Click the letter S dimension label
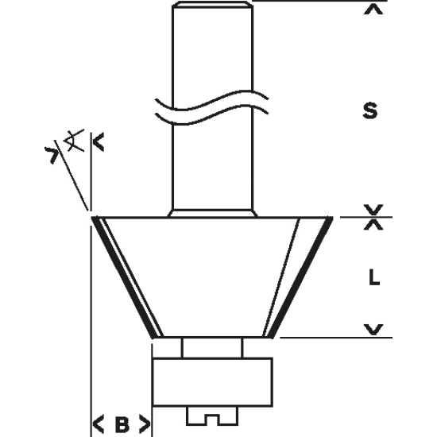coord(370,110)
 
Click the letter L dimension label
coord(374,277)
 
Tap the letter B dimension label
coord(122,425)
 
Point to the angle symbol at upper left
coord(74,141)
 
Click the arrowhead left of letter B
coord(98,424)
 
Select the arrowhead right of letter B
coord(145,424)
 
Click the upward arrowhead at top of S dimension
coord(373,10)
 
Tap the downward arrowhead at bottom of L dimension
coord(373,329)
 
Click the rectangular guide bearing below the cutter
coord(213,382)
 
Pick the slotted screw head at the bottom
coord(212,416)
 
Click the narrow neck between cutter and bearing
coord(212,347)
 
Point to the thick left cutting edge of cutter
coord(124,277)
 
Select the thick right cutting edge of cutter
coord(302,277)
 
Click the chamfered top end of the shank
coord(213,4)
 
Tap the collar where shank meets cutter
coord(213,213)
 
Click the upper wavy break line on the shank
coord(212,100)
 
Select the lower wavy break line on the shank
coord(212,114)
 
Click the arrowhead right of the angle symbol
coord(99,142)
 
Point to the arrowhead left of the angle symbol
coord(52,155)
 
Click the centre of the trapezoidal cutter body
coord(213,277)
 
